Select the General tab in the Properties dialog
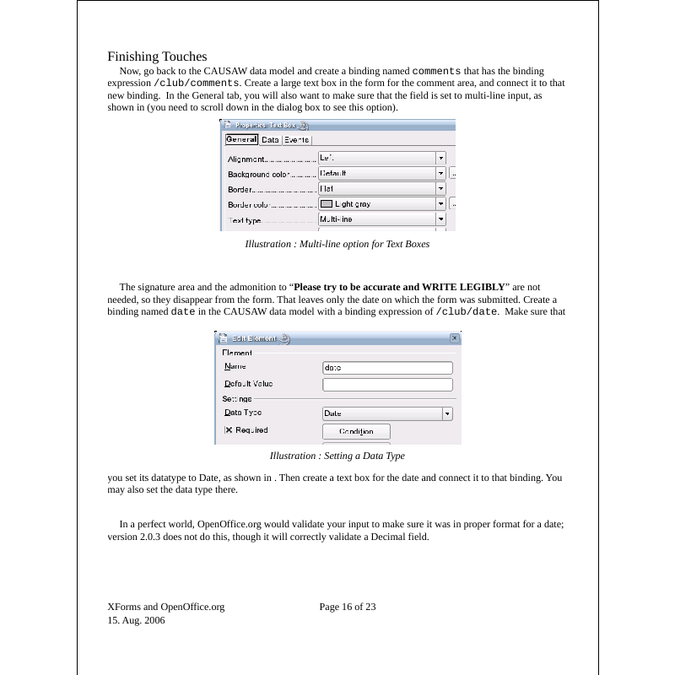240,140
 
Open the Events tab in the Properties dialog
296,140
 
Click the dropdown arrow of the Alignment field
440,158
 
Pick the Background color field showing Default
376,173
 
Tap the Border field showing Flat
376,188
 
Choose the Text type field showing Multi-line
376,219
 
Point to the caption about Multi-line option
337,245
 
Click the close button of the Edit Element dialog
455,338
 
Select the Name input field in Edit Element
387,368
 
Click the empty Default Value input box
387,385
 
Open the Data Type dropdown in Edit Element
447,413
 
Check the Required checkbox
228,430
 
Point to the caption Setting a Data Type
337,456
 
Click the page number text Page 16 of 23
348,607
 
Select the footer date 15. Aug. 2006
136,620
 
